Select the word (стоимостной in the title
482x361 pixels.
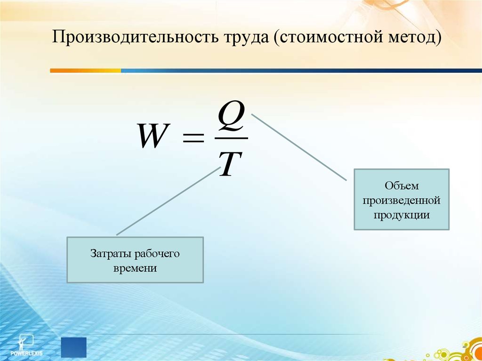tap(327, 38)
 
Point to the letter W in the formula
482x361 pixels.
tap(154, 136)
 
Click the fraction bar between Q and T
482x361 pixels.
tap(231, 138)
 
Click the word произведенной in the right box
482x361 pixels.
tap(402, 201)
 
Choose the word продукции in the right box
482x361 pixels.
tap(402, 215)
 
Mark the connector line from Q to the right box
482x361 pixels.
tap(299, 147)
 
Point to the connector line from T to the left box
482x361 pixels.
tap(169, 201)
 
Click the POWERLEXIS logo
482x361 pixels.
tap(26, 345)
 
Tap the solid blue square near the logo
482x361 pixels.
tap(73, 347)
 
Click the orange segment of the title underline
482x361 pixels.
tap(86, 71)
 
